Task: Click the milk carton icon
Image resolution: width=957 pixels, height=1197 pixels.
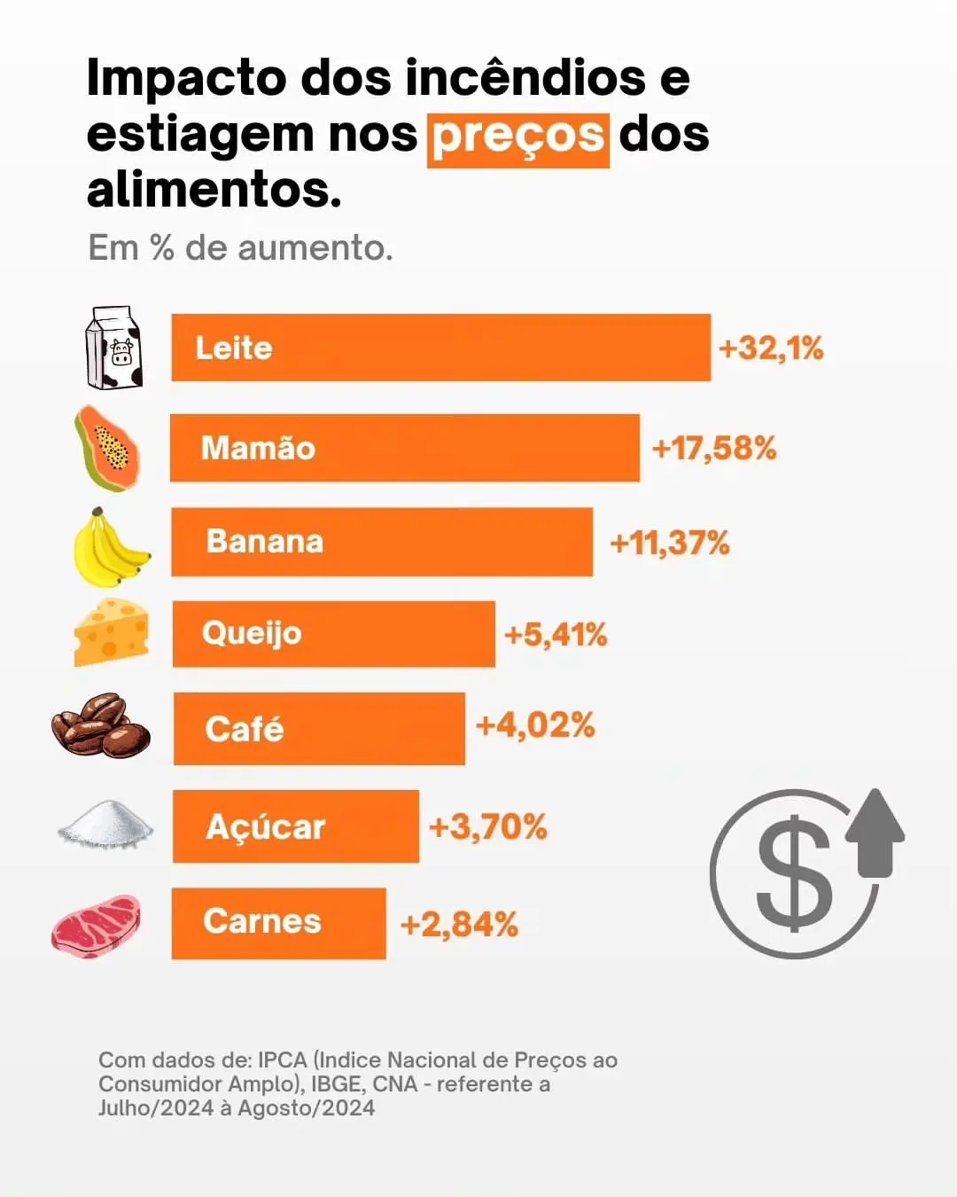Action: tap(113, 348)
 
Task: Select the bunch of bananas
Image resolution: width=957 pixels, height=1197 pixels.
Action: tap(109, 548)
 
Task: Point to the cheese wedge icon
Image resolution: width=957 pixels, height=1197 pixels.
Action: tap(112, 632)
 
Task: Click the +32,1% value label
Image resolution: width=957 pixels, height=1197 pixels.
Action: tap(771, 348)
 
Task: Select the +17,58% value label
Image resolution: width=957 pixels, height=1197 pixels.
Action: tap(714, 449)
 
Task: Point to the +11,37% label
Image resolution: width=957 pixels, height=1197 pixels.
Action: tap(670, 543)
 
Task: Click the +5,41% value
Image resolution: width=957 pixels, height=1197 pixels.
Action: tap(556, 635)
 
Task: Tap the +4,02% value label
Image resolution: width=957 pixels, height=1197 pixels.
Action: tap(535, 725)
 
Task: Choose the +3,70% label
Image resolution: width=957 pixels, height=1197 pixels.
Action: tap(488, 827)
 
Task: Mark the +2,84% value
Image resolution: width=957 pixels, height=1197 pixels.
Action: tap(459, 925)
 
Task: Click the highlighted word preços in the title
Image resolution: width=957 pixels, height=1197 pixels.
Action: tap(518, 137)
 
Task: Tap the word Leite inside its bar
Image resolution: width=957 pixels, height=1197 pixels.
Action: tap(234, 348)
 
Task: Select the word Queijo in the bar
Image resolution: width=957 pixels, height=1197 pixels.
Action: tap(252, 634)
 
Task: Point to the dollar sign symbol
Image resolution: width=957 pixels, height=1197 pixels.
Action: tap(794, 876)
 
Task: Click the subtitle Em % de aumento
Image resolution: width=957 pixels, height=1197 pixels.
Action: tap(240, 248)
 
